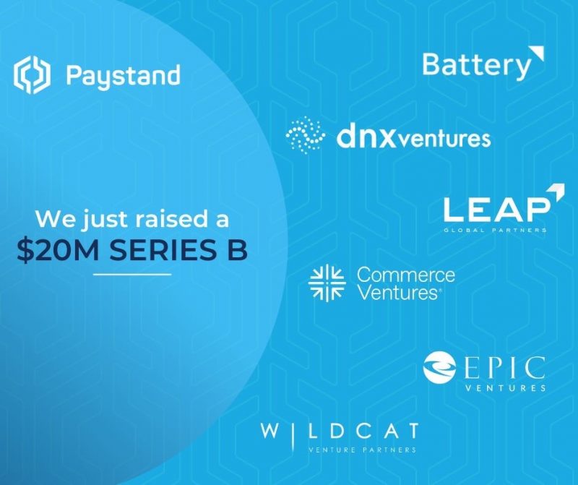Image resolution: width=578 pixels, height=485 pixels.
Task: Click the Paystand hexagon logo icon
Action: [x=32, y=75]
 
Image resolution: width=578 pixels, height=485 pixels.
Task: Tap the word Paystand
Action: [x=123, y=77]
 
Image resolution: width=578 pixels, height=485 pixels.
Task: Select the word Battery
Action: [x=476, y=66]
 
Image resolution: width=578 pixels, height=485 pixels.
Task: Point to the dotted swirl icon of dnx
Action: [x=305, y=134]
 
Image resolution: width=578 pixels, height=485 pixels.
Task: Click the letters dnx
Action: [x=363, y=137]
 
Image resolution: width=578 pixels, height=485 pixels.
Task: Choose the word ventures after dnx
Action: [x=441, y=139]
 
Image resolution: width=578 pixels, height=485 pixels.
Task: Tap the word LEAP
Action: [x=496, y=209]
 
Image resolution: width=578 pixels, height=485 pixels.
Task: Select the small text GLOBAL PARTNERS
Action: [x=496, y=230]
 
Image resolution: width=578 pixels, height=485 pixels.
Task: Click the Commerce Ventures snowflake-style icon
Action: [x=327, y=283]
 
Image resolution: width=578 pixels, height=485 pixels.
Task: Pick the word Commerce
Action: [x=406, y=275]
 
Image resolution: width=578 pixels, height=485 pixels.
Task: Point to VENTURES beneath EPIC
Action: [x=505, y=387]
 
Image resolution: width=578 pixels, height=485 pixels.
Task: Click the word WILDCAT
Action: [x=340, y=432]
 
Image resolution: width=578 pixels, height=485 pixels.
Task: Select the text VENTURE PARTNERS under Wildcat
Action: [x=363, y=450]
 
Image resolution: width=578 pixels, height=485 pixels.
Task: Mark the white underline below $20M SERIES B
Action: [x=132, y=275]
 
